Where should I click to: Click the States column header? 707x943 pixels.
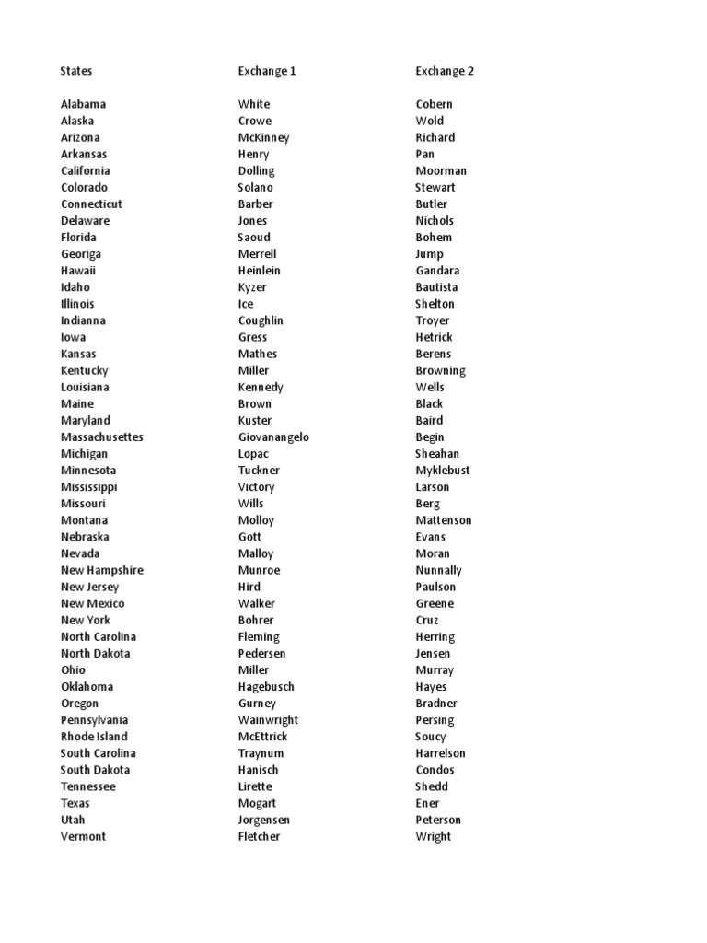tap(76, 71)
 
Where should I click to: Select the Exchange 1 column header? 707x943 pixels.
tap(267, 71)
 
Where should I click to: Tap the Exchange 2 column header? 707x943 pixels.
tap(445, 71)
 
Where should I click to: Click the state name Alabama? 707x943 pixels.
tap(83, 104)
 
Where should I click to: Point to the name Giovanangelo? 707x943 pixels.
tap(273, 437)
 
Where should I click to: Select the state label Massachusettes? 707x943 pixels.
tap(102, 437)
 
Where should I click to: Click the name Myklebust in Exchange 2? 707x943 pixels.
tap(442, 471)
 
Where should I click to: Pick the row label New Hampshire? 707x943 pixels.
tap(102, 570)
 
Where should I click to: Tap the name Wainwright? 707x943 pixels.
tap(268, 720)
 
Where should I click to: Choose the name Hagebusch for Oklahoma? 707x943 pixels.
tap(266, 687)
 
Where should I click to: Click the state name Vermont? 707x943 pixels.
tap(83, 836)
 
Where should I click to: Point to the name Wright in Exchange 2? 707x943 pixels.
tap(433, 836)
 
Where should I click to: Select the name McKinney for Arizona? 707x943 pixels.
tap(263, 137)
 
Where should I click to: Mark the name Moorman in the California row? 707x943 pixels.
tap(441, 170)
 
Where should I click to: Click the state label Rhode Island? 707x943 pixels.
tap(94, 737)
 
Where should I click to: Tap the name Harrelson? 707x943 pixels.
tap(440, 753)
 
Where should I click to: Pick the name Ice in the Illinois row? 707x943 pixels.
tap(246, 304)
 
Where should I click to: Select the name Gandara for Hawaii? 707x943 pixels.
tap(437, 271)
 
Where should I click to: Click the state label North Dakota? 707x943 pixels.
tap(96, 654)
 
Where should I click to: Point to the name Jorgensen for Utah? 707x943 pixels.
tap(264, 820)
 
